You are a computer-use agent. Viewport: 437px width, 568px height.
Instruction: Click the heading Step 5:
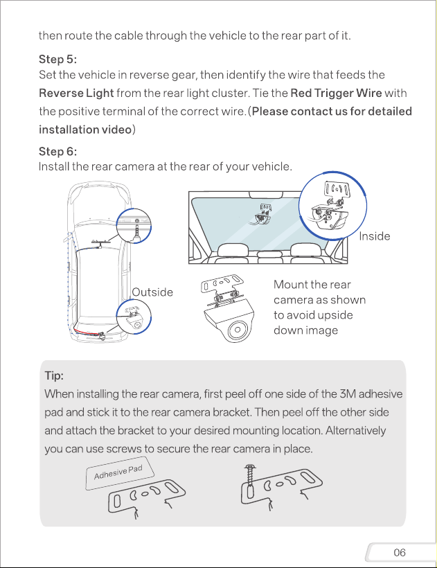click(57, 59)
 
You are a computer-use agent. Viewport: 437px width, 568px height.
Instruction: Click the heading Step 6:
click(57, 151)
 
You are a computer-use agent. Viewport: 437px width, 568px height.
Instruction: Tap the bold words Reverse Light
click(76, 94)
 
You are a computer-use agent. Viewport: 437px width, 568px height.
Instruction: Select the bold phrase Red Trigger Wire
click(336, 94)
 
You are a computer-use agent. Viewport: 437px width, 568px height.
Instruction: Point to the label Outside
click(152, 292)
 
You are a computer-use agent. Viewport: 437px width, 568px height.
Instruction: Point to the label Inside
click(375, 236)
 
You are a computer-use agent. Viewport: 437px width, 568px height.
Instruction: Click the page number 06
click(400, 552)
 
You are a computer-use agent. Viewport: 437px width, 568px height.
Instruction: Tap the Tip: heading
click(54, 375)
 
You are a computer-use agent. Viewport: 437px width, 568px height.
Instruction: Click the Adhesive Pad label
click(118, 472)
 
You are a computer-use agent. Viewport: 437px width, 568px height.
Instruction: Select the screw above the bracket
click(250, 475)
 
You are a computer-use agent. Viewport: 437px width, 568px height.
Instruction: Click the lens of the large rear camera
click(238, 330)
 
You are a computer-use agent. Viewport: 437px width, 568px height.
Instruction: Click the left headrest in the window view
click(233, 249)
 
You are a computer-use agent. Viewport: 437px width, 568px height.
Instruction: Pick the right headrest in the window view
click(305, 249)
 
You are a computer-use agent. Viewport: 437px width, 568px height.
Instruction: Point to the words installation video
click(85, 130)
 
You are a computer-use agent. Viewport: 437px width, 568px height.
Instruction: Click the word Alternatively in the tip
click(355, 431)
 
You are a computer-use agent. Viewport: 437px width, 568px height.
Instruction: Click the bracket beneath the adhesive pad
click(146, 495)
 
